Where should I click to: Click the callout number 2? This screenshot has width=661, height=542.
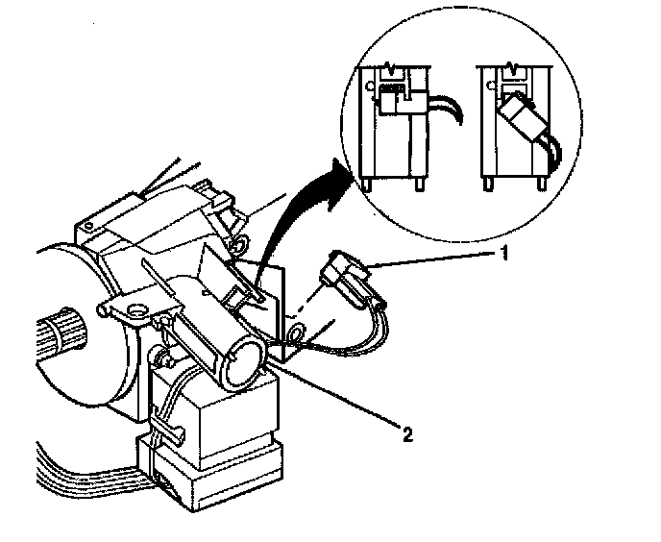click(x=407, y=434)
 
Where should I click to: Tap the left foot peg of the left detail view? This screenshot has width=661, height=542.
click(x=368, y=183)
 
